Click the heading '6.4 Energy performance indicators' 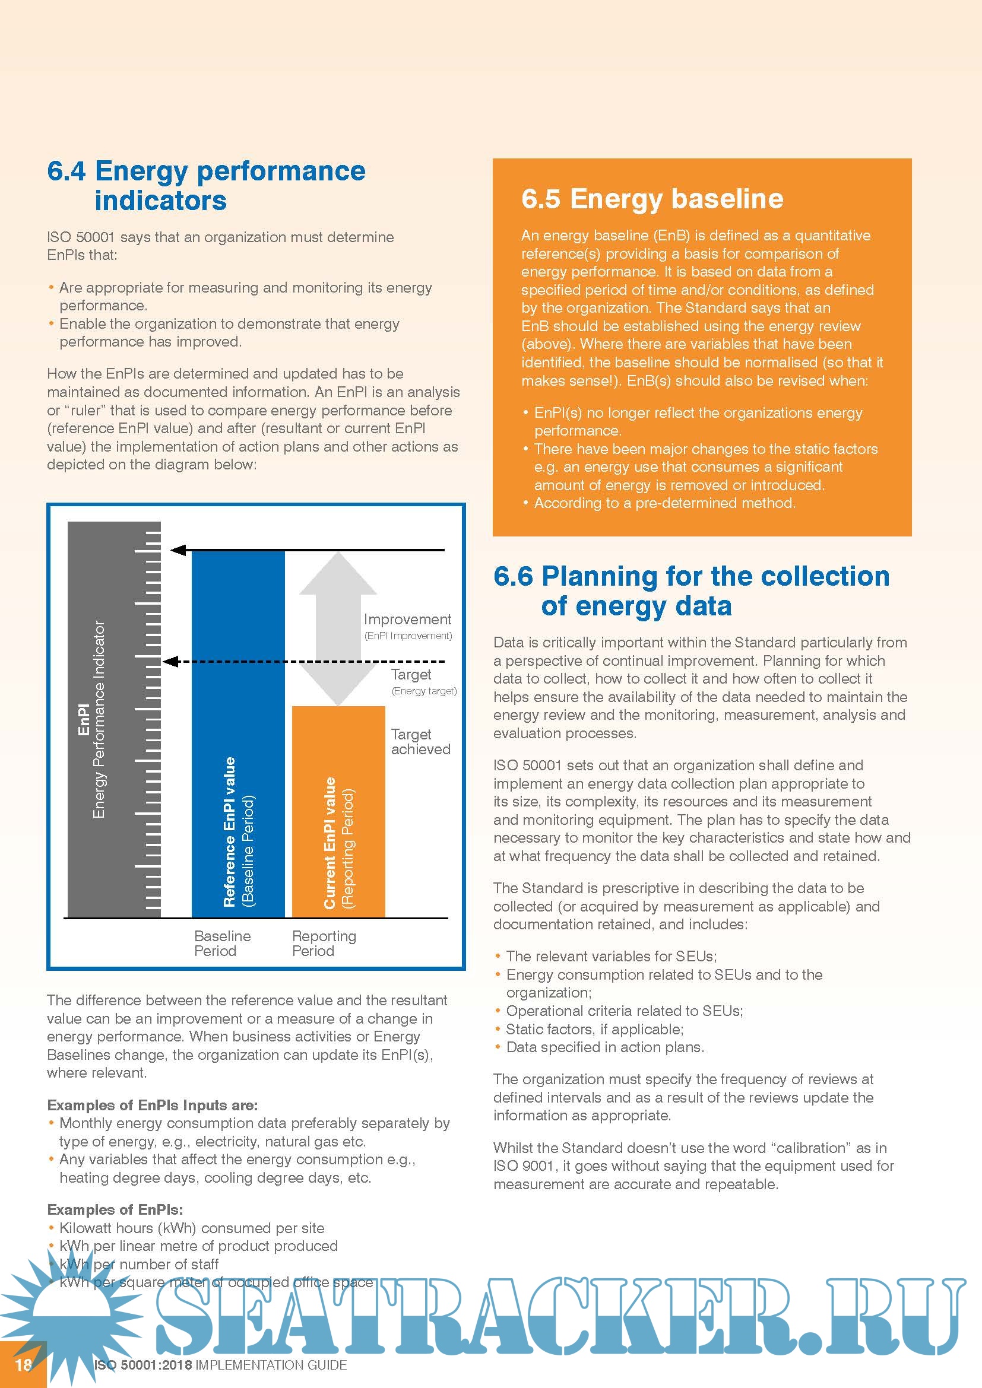click(x=205, y=185)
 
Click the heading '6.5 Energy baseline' click(x=652, y=198)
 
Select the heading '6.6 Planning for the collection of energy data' click(x=691, y=590)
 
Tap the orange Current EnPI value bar click(x=338, y=810)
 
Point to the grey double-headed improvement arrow click(x=337, y=628)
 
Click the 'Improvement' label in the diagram click(x=407, y=619)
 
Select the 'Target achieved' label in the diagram click(x=420, y=742)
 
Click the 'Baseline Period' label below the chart click(x=222, y=943)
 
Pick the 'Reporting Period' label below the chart click(x=324, y=943)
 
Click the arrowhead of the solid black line click(x=178, y=550)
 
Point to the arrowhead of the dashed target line click(x=171, y=661)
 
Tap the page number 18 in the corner click(x=23, y=1364)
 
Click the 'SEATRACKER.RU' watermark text click(x=559, y=1318)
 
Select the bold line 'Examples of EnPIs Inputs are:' click(x=153, y=1105)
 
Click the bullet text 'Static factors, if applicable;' click(x=594, y=1029)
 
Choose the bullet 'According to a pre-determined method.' click(x=664, y=503)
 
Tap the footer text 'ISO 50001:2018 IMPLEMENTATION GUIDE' click(x=220, y=1364)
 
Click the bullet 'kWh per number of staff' click(x=138, y=1264)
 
